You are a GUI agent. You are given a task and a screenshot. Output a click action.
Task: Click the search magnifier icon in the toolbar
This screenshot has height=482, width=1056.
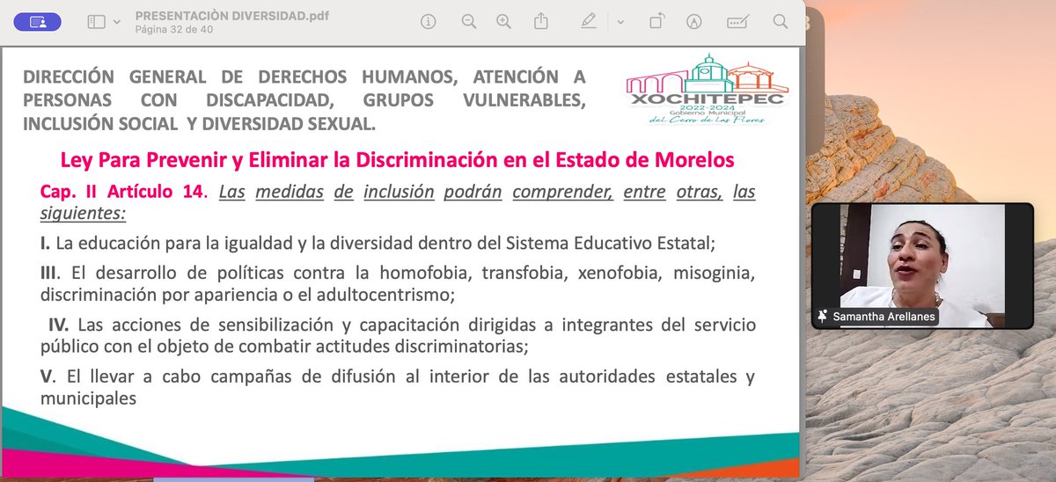780,22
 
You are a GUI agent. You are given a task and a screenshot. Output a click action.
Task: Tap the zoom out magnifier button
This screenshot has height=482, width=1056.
469,22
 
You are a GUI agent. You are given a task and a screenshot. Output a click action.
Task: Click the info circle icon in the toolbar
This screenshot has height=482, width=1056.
429,22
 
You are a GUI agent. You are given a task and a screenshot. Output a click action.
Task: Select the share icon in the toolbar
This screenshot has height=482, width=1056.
541,22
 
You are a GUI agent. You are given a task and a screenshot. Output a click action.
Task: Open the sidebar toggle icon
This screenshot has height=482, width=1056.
97,22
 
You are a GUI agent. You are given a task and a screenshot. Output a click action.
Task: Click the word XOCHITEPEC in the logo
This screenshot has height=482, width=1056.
708,100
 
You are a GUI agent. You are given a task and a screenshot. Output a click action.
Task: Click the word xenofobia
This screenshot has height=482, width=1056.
620,273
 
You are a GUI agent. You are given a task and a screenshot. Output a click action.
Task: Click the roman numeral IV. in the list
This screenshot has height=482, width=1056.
61,325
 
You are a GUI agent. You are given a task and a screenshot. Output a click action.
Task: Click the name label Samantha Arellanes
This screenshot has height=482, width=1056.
884,317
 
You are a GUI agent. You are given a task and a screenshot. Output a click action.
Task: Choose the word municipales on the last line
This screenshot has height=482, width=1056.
88,398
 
